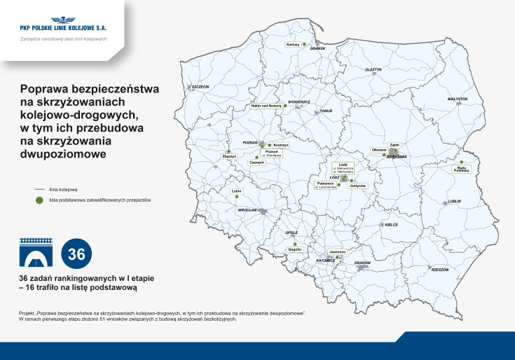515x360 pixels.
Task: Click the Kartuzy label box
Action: point(293,44)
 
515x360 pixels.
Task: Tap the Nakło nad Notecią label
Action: point(266,106)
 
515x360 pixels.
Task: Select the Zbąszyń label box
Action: point(228,156)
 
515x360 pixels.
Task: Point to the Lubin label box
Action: point(236,191)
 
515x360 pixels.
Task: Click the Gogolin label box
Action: point(294,249)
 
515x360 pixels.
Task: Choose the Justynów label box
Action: point(358,186)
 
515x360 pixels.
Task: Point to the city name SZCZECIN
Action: point(200,87)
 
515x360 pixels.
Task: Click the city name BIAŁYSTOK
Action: point(457,99)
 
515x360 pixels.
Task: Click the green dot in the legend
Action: point(41,200)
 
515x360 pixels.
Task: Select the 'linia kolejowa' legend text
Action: point(63,189)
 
